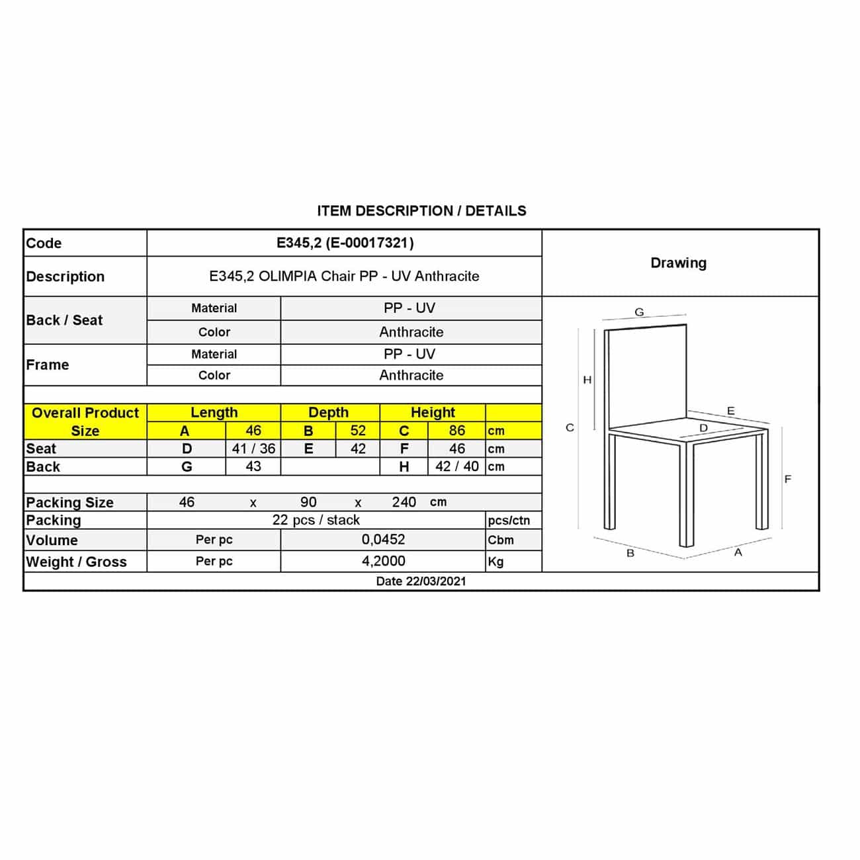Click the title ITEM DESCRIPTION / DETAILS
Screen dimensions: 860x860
pos(421,211)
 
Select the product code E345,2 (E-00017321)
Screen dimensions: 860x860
pos(345,243)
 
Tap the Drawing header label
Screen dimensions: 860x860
pos(678,263)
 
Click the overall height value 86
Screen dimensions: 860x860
pos(456,431)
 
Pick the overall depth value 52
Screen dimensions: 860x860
pos(358,431)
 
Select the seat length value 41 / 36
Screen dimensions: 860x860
pos(253,449)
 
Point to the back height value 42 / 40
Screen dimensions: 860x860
pos(456,466)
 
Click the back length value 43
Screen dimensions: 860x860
pos(253,466)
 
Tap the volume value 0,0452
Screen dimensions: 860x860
pos(383,540)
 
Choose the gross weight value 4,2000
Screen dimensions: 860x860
pos(383,561)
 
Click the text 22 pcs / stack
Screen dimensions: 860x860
pos(316,520)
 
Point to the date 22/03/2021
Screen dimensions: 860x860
pos(421,581)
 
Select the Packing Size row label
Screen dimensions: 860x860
pos(69,502)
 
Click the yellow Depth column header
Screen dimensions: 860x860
pos(328,412)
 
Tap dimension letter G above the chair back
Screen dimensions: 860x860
pos(639,312)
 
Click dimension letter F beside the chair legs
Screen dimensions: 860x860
pos(787,479)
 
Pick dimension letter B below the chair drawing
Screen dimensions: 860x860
pos(630,553)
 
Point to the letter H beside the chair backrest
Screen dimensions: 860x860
pos(587,380)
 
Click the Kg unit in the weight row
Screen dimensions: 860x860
pos(495,562)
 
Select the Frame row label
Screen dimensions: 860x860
pos(48,365)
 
